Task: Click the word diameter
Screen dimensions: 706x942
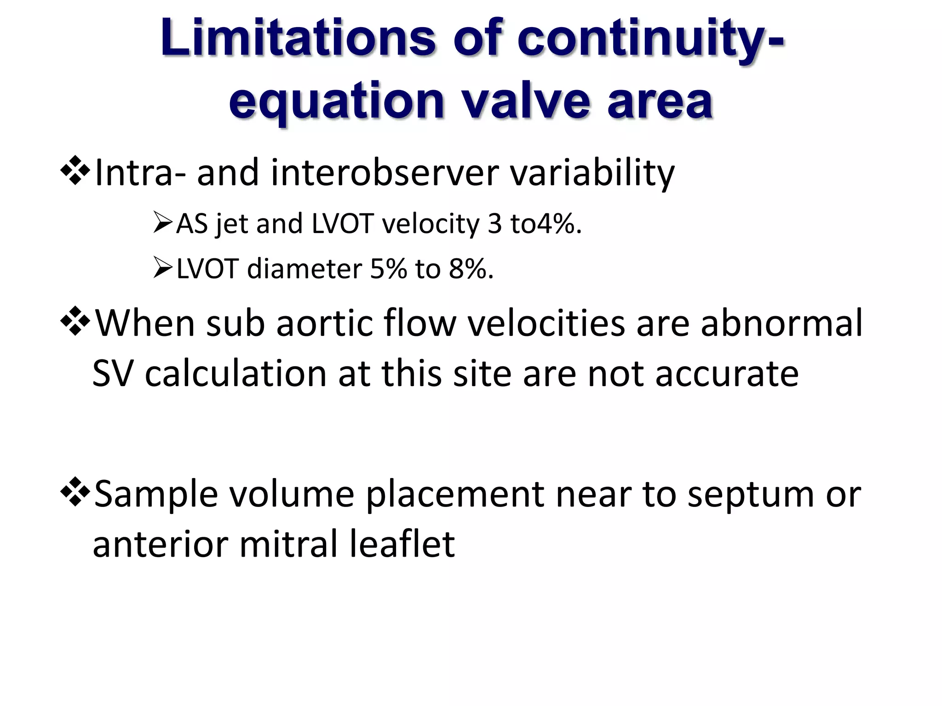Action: click(304, 269)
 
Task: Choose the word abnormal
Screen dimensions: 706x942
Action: click(781, 324)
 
